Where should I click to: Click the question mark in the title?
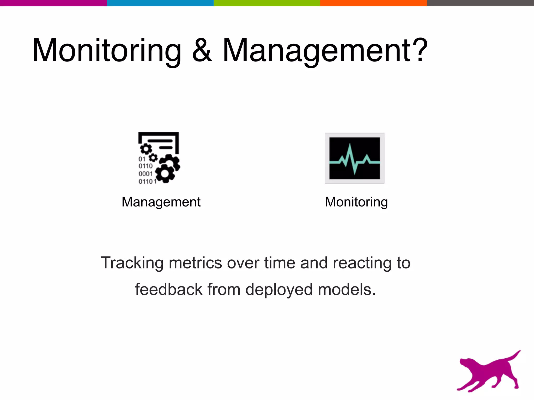pyautogui.click(x=419, y=49)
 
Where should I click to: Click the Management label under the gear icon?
pyautogui.click(x=161, y=202)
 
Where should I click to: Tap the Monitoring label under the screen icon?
pyautogui.click(x=356, y=202)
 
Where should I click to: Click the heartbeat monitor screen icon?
pyautogui.click(x=354, y=158)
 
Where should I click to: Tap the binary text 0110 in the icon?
pyautogui.click(x=145, y=166)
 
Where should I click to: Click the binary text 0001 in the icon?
pyautogui.click(x=145, y=174)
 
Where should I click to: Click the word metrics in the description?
pyautogui.click(x=195, y=263)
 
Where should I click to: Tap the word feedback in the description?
pyautogui.click(x=169, y=290)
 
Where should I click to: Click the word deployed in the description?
pyautogui.click(x=279, y=290)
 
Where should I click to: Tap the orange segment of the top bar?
pyautogui.click(x=373, y=3)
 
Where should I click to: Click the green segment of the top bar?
pyautogui.click(x=267, y=3)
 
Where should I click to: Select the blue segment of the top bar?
pyautogui.click(x=160, y=3)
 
